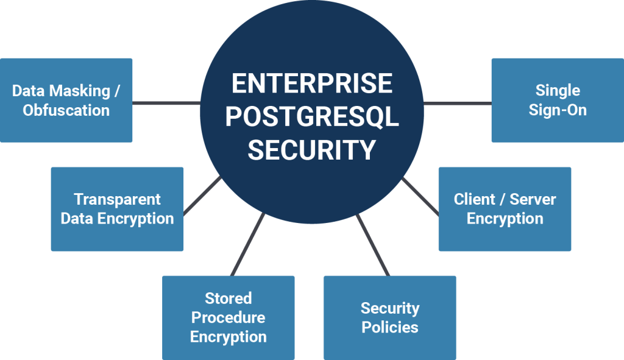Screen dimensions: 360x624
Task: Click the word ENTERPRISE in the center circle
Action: pyautogui.click(x=311, y=84)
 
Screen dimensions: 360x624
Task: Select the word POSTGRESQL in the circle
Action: pyautogui.click(x=311, y=117)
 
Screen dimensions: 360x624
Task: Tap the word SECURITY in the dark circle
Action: pyautogui.click(x=311, y=150)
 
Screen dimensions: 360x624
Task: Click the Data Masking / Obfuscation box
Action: pyautogui.click(x=66, y=100)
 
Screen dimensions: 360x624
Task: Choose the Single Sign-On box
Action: pyautogui.click(x=558, y=100)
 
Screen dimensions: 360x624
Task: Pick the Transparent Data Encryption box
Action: pyautogui.click(x=117, y=209)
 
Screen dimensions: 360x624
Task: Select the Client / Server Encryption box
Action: pyautogui.click(x=505, y=209)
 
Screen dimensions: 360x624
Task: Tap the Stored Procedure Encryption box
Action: pyautogui.click(x=228, y=317)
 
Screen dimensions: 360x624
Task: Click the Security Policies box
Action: pyautogui.click(x=389, y=317)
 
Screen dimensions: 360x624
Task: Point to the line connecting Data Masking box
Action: pyautogui.click(x=166, y=102)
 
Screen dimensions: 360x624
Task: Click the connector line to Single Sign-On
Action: pyautogui.click(x=457, y=102)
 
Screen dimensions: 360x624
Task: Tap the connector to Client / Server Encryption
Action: pyautogui.click(x=420, y=196)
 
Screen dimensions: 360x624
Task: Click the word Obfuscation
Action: pyautogui.click(x=66, y=110)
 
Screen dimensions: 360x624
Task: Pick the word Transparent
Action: pyautogui.click(x=117, y=199)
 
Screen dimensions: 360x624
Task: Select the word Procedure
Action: pyautogui.click(x=228, y=317)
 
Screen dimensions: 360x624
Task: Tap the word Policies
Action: pyautogui.click(x=389, y=327)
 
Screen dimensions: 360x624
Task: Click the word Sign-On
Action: pyautogui.click(x=558, y=110)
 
